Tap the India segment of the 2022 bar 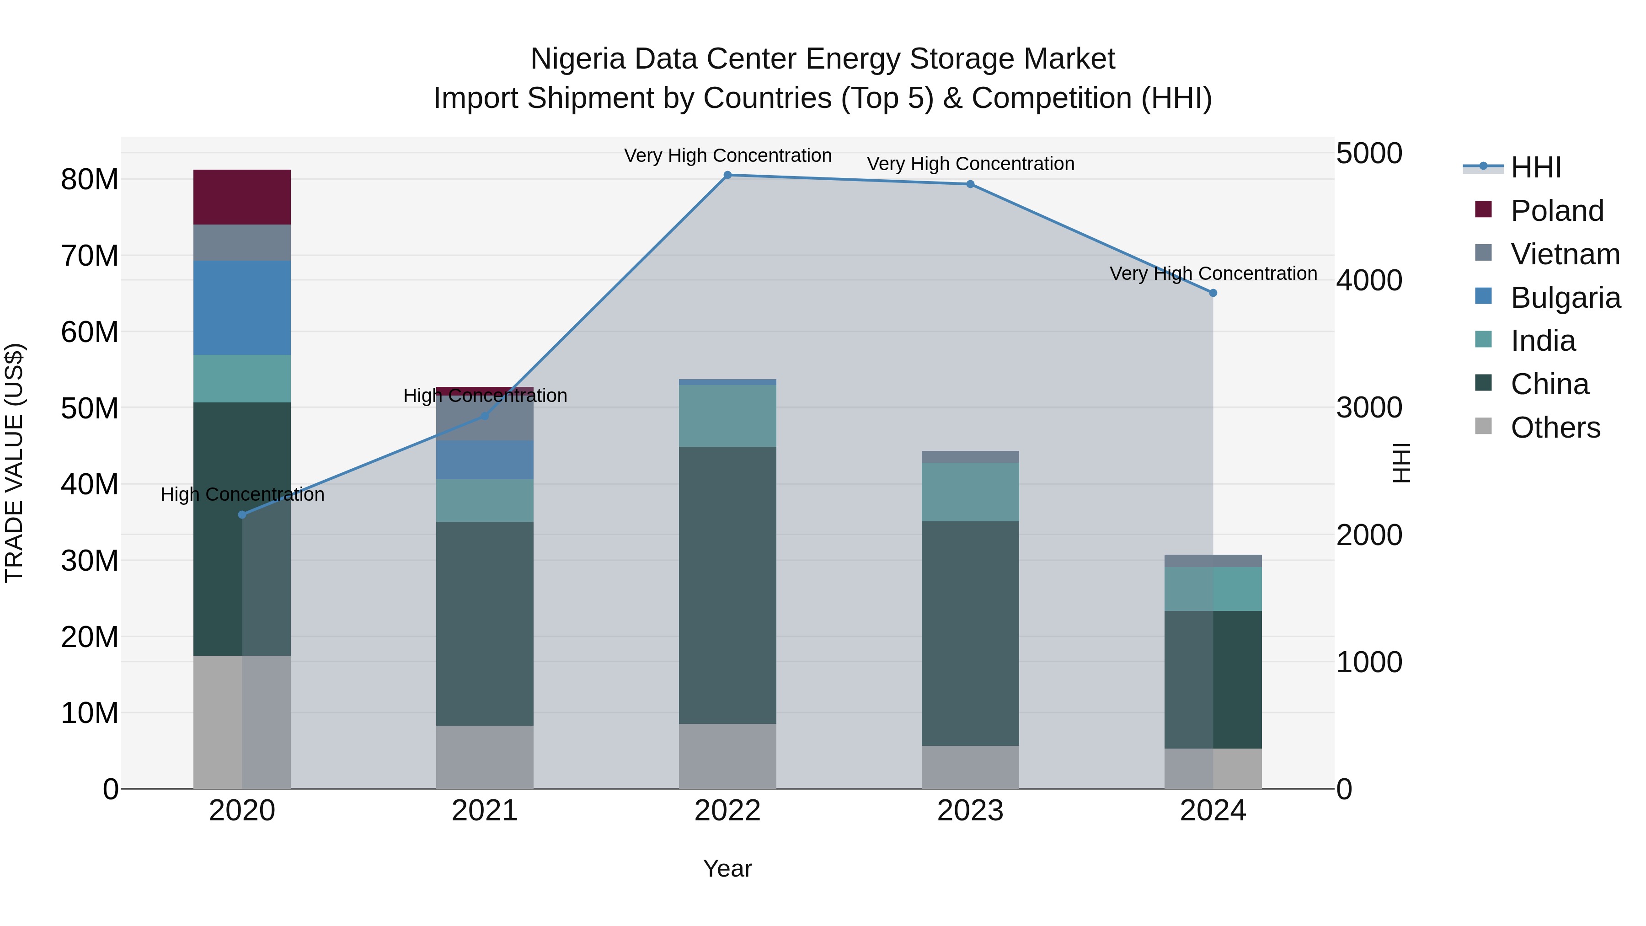point(727,415)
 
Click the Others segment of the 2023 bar point(970,767)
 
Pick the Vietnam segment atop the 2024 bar point(1213,561)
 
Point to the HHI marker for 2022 point(727,175)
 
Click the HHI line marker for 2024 point(1213,293)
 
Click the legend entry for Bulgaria point(1565,298)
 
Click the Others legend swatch point(1483,426)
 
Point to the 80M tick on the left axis point(90,180)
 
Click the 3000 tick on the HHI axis point(1368,408)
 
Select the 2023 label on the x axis point(970,811)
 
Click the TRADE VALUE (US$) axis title point(14,463)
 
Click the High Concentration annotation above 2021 point(485,396)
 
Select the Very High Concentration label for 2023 point(970,164)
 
